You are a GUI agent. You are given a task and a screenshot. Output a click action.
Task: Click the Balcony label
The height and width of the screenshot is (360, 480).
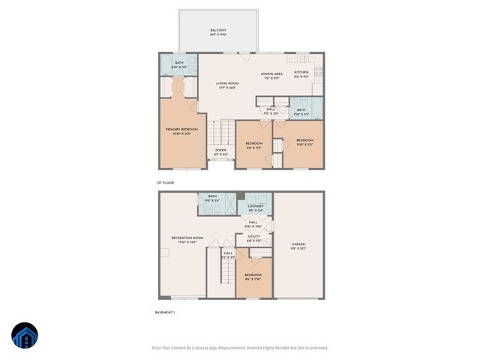217,32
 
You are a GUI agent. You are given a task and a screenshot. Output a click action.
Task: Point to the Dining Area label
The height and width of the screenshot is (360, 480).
271,75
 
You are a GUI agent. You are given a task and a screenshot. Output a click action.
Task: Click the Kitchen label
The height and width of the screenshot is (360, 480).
301,75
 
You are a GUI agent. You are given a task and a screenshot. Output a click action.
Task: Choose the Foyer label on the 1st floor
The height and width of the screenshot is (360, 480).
220,151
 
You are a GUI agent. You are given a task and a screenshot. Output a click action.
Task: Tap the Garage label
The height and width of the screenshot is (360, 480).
298,246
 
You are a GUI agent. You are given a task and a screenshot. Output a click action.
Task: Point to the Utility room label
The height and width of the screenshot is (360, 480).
254,238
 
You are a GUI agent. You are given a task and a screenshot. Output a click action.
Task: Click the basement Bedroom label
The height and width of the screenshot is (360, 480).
253,277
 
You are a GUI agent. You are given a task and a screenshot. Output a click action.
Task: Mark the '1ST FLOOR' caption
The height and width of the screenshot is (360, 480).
165,182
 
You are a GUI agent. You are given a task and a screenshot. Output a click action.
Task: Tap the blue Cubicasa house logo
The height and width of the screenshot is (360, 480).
25,337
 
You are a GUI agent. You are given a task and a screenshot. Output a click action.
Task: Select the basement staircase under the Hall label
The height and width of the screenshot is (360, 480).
227,274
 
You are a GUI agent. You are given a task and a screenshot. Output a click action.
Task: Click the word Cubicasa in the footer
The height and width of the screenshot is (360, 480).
201,348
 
